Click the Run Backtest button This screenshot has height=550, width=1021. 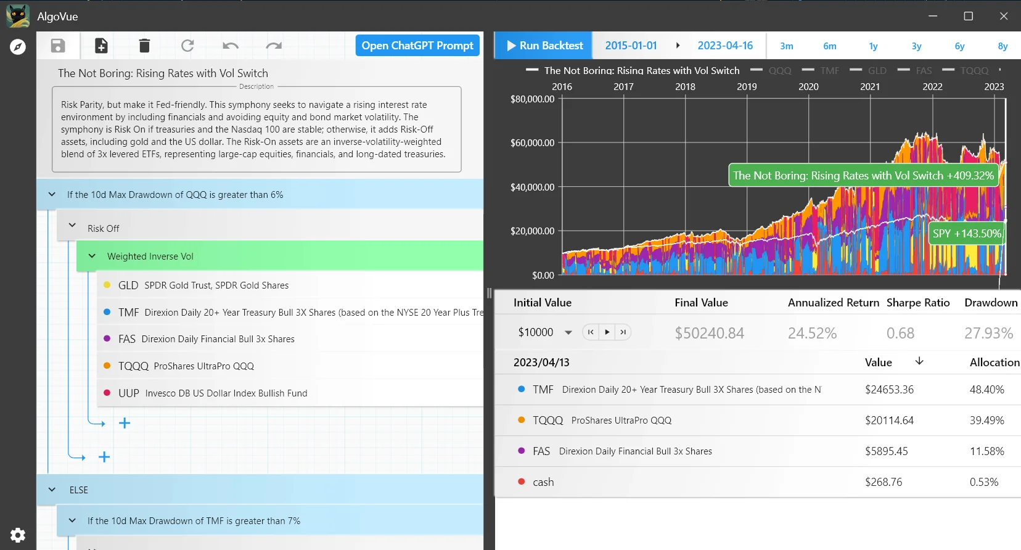pos(544,46)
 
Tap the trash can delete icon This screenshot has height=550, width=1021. pos(144,46)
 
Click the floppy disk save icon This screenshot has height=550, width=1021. pos(58,46)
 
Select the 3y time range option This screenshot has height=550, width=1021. pos(916,46)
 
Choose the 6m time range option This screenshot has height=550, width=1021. pos(830,46)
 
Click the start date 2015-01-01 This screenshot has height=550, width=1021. pos(631,46)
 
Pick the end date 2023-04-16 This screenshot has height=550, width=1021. pos(725,46)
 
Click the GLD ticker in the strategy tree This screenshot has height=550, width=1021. pos(128,285)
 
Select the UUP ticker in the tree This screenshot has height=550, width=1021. pos(129,393)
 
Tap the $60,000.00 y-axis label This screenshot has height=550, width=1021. pos(532,143)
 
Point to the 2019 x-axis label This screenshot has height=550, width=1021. pos(747,87)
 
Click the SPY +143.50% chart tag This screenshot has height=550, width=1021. pos(966,234)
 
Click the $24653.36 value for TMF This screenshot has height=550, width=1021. pos(889,390)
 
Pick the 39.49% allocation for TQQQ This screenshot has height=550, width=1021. pos(986,421)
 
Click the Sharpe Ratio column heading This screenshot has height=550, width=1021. pos(917,303)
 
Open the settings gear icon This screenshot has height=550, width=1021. pos(18,535)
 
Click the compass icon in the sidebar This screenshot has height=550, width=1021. pos(18,47)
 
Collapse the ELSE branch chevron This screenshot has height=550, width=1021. pos(52,490)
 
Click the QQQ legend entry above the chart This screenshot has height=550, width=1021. pos(779,71)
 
